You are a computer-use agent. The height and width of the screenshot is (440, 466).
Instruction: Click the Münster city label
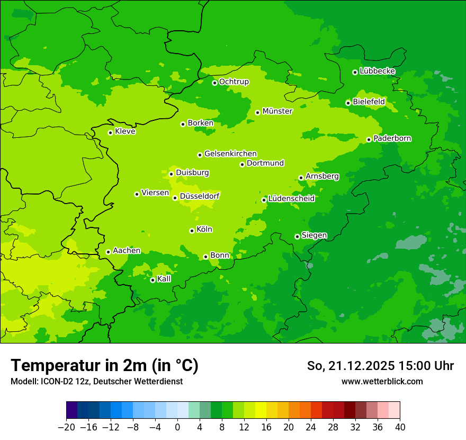277,111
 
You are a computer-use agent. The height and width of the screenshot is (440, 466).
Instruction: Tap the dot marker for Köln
192,231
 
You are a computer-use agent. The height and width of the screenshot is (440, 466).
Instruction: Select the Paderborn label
392,138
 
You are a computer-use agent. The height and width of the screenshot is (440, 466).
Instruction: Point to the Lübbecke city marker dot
355,72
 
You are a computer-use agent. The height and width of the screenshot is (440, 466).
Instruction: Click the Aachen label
127,250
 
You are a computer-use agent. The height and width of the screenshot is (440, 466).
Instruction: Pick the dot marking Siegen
297,236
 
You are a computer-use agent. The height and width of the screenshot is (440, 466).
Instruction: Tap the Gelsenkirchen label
230,154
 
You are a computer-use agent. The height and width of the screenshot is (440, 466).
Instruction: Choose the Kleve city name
125,131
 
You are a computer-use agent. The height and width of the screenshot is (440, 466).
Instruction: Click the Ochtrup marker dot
214,83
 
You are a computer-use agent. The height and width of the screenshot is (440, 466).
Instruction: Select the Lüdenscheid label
291,199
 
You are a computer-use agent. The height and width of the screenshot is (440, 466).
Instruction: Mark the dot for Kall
153,280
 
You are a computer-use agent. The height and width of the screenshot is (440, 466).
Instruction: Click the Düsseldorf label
200,196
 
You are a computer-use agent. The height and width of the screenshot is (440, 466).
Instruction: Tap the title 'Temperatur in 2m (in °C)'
104,366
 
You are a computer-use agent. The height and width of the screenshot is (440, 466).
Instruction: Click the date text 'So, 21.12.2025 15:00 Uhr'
380,366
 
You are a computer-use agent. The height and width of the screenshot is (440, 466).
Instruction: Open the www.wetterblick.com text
382,381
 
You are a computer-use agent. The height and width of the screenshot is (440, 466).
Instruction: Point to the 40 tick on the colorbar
400,427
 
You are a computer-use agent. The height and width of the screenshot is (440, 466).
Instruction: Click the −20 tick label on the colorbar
66,427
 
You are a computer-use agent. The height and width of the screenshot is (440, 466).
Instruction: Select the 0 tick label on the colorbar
177,427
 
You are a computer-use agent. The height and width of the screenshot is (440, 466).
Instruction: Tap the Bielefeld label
369,101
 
